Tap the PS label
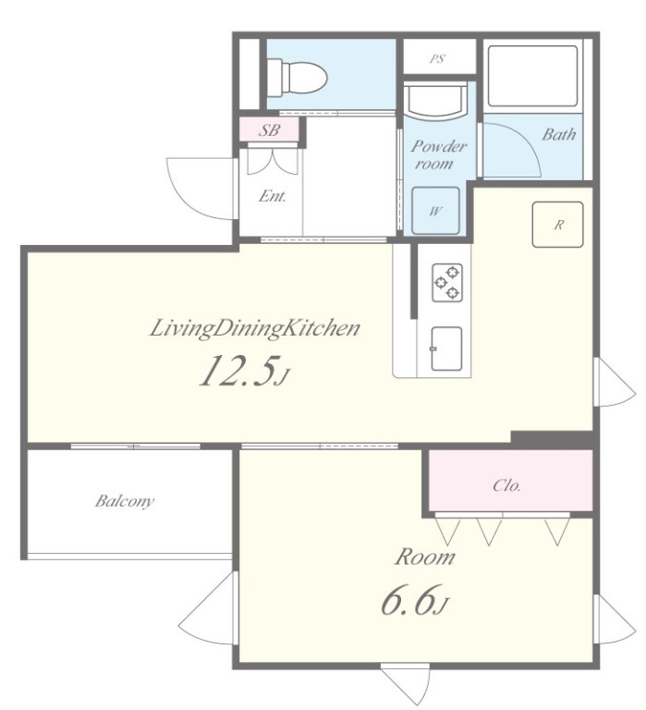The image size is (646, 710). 437,58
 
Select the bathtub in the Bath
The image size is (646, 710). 532,75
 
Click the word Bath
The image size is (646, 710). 559,134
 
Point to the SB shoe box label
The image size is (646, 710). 269,130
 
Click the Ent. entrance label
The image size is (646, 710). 273,196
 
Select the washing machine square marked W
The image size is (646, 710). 435,211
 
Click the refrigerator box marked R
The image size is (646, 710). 557,224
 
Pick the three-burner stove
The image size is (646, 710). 447,283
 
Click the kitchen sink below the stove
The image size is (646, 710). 446,349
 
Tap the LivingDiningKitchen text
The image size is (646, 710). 255,329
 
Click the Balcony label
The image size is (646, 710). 125,501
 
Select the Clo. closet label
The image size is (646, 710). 506,485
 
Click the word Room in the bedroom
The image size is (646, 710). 424,557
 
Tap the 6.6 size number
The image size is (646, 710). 410,599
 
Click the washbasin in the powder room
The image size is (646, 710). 435,101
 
